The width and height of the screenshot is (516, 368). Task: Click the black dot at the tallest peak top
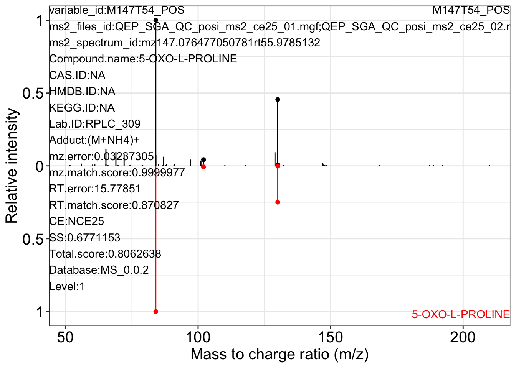tap(155, 20)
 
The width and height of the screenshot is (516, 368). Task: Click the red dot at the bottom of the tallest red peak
tap(155, 312)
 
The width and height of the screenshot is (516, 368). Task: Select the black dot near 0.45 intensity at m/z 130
tap(278, 100)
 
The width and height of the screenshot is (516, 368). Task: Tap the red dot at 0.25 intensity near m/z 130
tap(278, 202)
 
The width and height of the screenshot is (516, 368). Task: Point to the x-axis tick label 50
tap(65, 338)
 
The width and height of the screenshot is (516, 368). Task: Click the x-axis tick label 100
tap(198, 338)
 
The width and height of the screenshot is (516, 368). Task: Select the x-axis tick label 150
tap(331, 338)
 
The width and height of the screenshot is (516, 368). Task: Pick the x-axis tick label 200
tap(463, 338)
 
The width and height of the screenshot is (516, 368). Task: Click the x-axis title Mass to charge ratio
tap(279, 354)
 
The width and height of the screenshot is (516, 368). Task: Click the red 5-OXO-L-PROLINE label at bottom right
tap(461, 314)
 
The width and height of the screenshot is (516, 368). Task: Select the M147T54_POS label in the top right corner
tap(471, 10)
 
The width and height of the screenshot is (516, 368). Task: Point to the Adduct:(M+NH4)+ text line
tap(94, 140)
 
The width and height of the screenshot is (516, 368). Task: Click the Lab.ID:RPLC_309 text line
tap(95, 124)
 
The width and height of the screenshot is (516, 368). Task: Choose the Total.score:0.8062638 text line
tap(105, 254)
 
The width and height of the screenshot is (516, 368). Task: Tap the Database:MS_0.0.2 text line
tap(99, 270)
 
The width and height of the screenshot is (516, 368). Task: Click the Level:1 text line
tap(67, 286)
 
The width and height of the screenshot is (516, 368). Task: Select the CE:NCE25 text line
tap(77, 221)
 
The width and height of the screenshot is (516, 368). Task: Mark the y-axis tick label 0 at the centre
tap(40, 166)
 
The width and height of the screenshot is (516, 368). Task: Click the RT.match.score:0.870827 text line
tap(114, 205)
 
